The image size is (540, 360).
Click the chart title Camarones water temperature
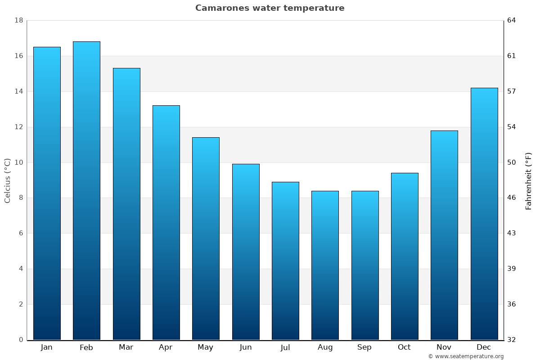270,8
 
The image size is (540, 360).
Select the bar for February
86,191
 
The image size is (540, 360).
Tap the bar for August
325,265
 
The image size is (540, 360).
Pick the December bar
484,214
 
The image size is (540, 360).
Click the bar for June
246,252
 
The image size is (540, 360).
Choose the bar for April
166,223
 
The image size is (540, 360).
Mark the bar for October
405,256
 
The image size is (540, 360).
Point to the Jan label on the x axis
47,347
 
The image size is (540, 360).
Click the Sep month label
364,347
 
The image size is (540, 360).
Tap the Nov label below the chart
444,347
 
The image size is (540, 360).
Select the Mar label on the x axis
126,347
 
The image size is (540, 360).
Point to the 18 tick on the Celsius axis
18,21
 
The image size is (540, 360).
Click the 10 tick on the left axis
18,162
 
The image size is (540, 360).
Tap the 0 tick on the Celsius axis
21,340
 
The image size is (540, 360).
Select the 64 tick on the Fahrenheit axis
512,21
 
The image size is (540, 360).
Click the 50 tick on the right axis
512,162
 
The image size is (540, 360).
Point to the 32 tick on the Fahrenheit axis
512,340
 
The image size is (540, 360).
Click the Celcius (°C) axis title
8,180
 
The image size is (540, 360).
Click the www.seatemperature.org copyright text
466,356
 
